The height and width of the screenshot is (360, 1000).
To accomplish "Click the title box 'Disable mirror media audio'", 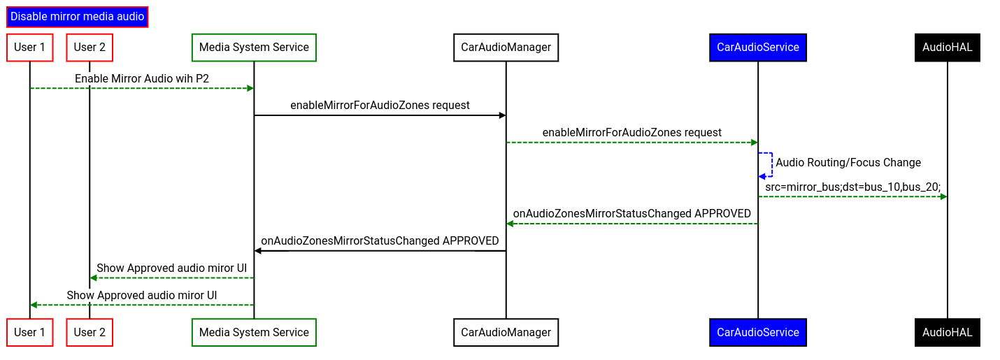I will pos(77,16).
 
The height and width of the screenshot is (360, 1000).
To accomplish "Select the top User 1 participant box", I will pos(29,48).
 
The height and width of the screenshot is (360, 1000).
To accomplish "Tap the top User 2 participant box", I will pos(90,48).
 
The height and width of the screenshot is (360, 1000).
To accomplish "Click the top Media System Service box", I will pos(254,48).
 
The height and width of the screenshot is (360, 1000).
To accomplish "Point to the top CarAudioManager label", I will pos(506,48).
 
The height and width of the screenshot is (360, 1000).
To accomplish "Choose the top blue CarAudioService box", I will pos(757,48).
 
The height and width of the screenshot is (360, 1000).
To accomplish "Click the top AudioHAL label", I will pos(947,48).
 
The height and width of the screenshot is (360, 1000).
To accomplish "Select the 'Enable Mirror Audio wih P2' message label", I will pos(142,79).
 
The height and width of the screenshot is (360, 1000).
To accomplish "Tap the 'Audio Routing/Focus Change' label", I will pos(848,163).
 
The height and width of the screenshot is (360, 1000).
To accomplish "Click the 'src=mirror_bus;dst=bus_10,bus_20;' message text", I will pos(852,187).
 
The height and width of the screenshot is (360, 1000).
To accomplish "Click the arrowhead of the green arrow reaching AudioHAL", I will pos(943,196).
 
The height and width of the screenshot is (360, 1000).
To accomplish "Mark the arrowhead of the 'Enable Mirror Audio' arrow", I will pos(250,88).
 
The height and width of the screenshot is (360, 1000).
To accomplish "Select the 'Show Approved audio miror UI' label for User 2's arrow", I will pos(171,268).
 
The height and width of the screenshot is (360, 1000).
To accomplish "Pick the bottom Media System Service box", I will pos(254,333).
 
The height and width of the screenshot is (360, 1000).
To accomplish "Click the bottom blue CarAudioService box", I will pos(757,333).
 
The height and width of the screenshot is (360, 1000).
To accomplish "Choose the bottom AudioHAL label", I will pos(947,333).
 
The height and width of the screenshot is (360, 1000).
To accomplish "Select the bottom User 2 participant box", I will pos(90,333).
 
